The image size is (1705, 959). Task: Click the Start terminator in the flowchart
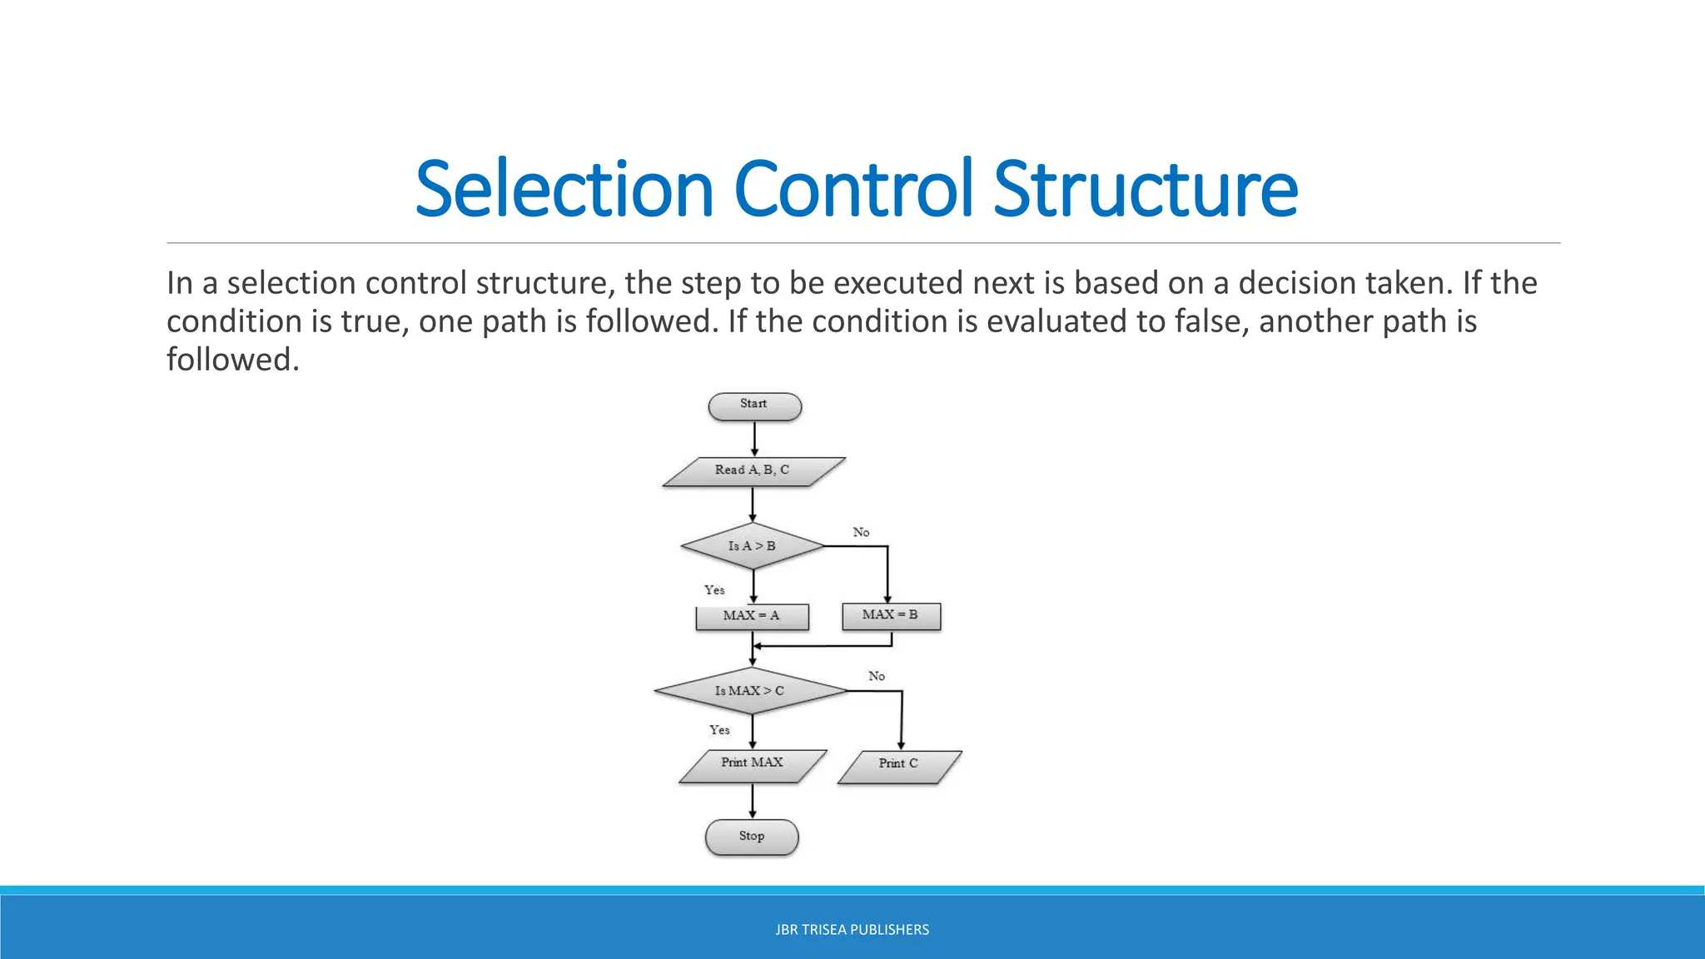click(x=754, y=406)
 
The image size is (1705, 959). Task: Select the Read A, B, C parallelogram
click(x=753, y=471)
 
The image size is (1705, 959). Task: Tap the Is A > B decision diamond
click(x=753, y=546)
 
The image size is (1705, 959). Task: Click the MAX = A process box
click(x=752, y=617)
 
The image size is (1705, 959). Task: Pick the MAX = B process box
click(x=891, y=616)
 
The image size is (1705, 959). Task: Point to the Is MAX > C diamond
click(x=750, y=691)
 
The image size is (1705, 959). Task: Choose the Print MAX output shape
click(x=753, y=765)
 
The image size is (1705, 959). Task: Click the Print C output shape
click(x=899, y=766)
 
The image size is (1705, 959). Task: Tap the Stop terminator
click(x=752, y=837)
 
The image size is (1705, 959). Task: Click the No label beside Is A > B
click(x=861, y=532)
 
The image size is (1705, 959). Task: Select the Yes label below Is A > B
click(x=714, y=590)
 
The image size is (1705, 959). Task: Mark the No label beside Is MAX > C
click(x=877, y=676)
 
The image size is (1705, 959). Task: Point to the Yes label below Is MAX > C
click(x=719, y=730)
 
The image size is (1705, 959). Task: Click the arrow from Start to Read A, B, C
click(x=754, y=439)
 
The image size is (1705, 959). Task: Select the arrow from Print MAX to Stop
click(x=753, y=801)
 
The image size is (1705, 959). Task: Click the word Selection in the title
click(x=564, y=190)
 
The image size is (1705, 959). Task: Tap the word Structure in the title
click(x=1146, y=190)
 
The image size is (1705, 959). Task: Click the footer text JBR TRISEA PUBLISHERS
click(x=852, y=930)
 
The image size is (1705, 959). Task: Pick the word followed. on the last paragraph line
click(x=232, y=360)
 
